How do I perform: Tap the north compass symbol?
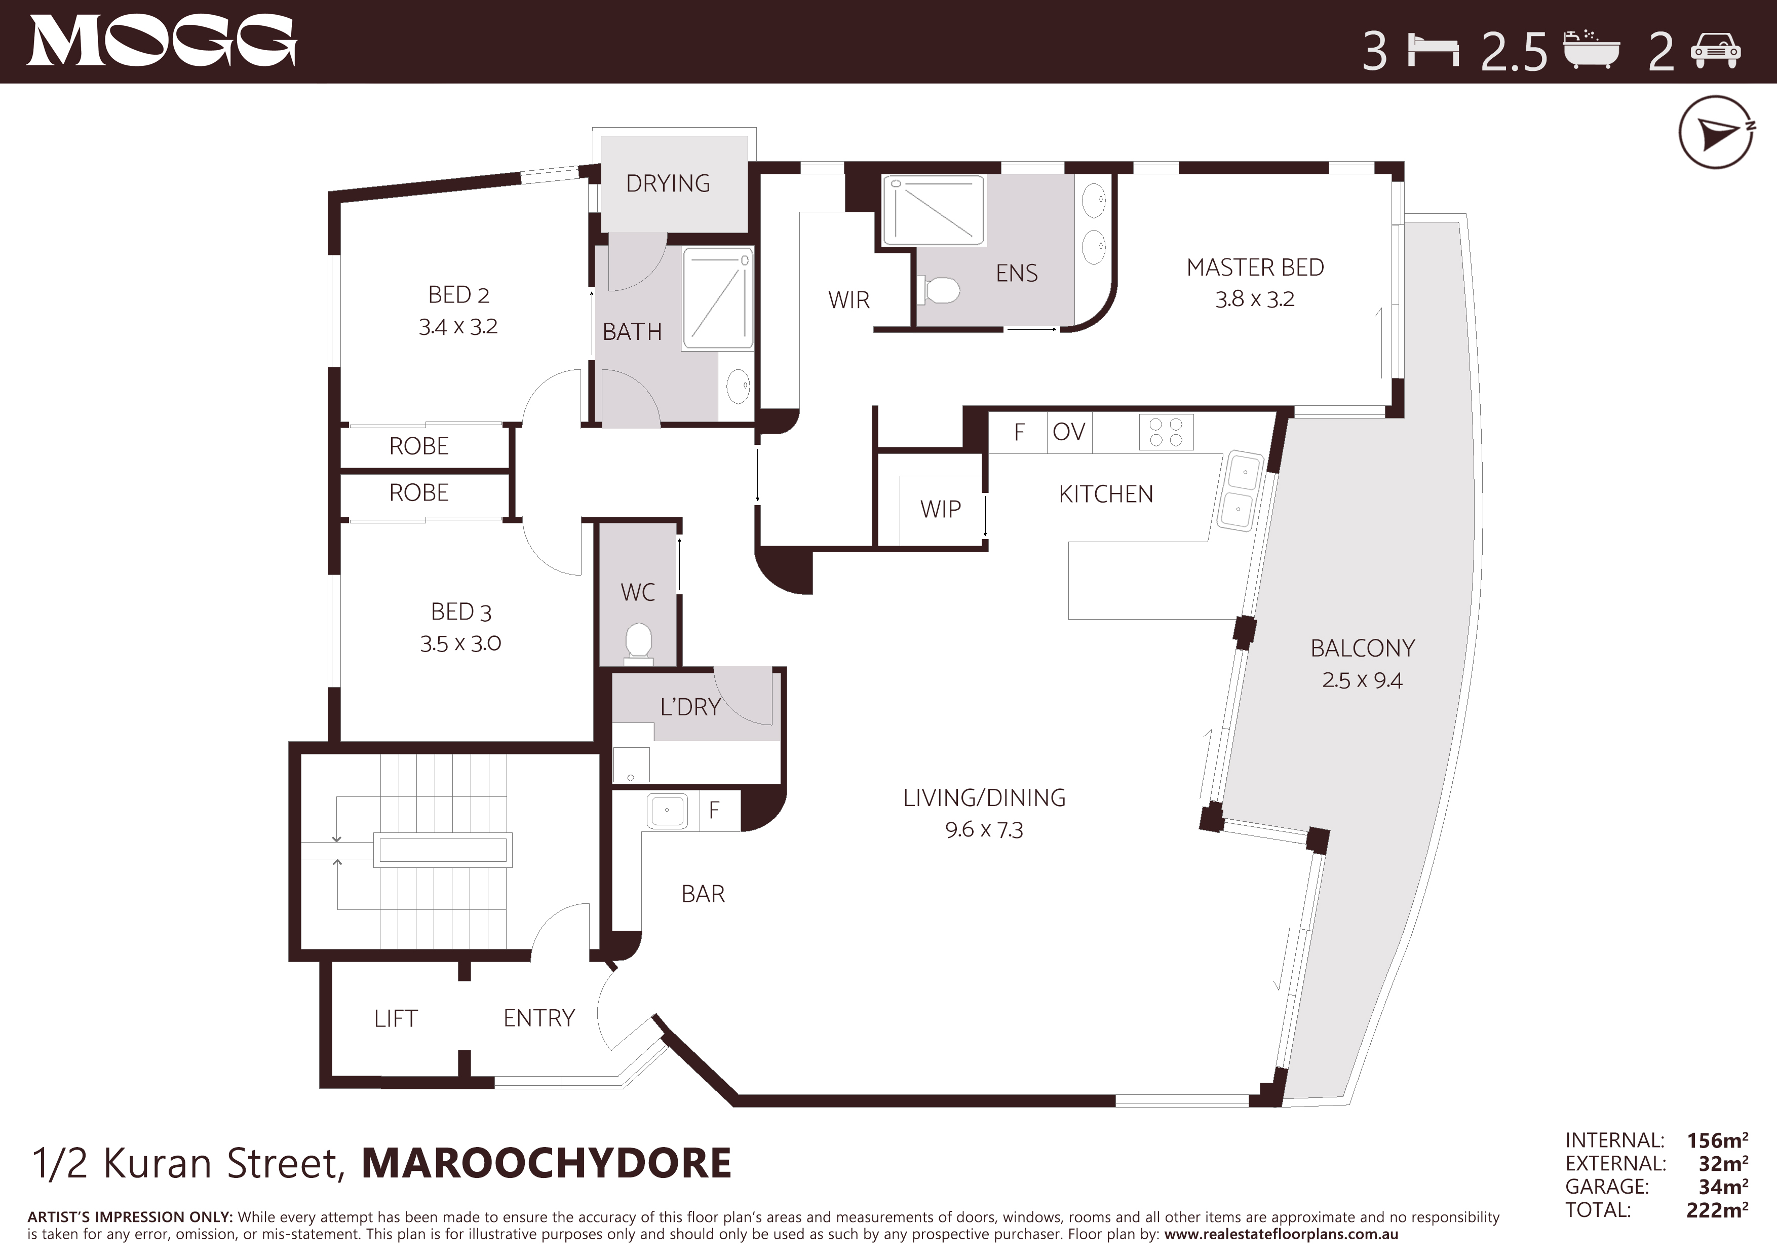[1716, 132]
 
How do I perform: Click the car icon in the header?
[1715, 51]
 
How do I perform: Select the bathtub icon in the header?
[1591, 50]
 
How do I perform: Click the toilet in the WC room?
[638, 642]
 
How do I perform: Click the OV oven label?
[1069, 432]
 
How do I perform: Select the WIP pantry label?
[940, 509]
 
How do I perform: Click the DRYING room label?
[668, 183]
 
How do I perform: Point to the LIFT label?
[396, 1018]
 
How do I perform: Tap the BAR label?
[703, 894]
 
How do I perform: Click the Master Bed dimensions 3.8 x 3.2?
[1255, 299]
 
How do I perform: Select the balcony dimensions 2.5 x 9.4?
[1362, 680]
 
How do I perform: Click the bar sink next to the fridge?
[667, 811]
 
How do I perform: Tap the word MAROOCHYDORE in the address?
[547, 1163]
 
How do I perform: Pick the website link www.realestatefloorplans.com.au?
[1281, 1235]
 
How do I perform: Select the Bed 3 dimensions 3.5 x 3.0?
[460, 644]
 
